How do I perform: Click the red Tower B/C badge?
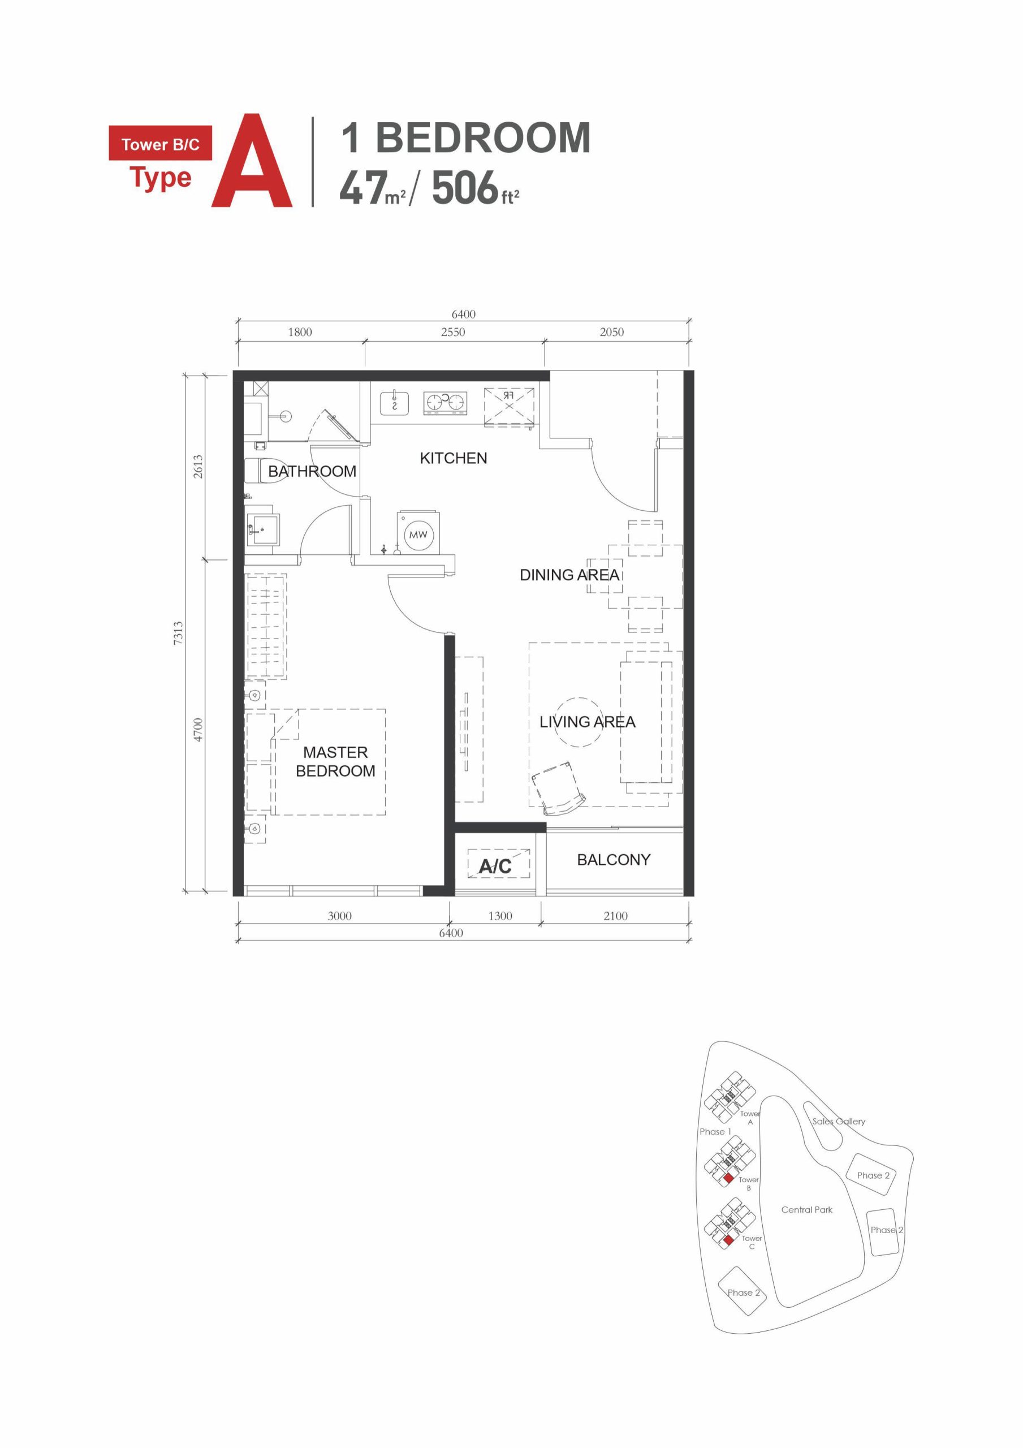[x=160, y=144]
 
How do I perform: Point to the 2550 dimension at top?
[x=453, y=331]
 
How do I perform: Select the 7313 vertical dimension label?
[x=179, y=632]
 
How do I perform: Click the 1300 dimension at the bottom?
[x=499, y=916]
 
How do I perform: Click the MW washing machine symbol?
[x=417, y=534]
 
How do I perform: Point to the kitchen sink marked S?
[x=395, y=403]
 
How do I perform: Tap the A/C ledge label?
[x=495, y=866]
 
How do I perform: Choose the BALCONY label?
[x=613, y=860]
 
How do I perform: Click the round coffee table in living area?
[x=579, y=722]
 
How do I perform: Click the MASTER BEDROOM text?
[x=335, y=761]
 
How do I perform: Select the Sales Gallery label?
[x=838, y=1121]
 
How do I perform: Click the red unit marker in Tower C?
[x=728, y=1240]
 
